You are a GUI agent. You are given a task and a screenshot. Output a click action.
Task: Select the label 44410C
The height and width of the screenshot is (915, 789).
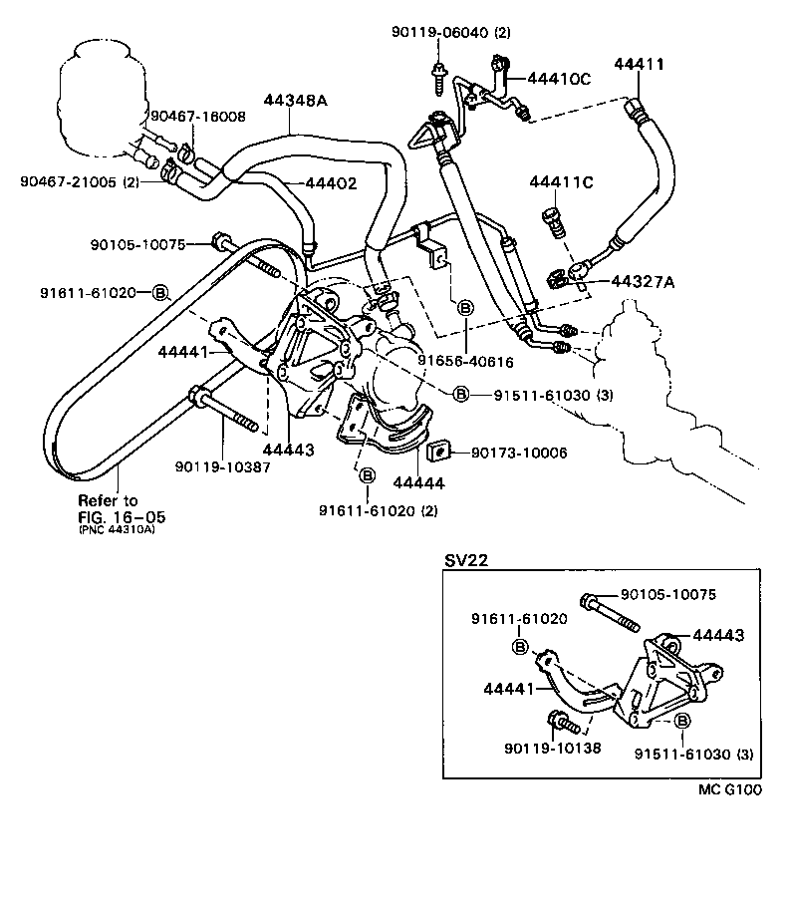(x=559, y=78)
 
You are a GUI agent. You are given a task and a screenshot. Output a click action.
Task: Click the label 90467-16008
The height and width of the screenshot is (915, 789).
(x=196, y=117)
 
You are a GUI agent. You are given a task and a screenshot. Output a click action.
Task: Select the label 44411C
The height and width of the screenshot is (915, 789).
(x=561, y=182)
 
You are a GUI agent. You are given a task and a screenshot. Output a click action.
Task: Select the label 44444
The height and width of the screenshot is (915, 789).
(x=417, y=483)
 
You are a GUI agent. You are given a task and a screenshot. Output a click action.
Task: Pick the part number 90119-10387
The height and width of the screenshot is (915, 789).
(x=222, y=466)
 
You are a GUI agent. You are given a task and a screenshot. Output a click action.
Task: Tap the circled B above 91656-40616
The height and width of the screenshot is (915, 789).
(x=464, y=310)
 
